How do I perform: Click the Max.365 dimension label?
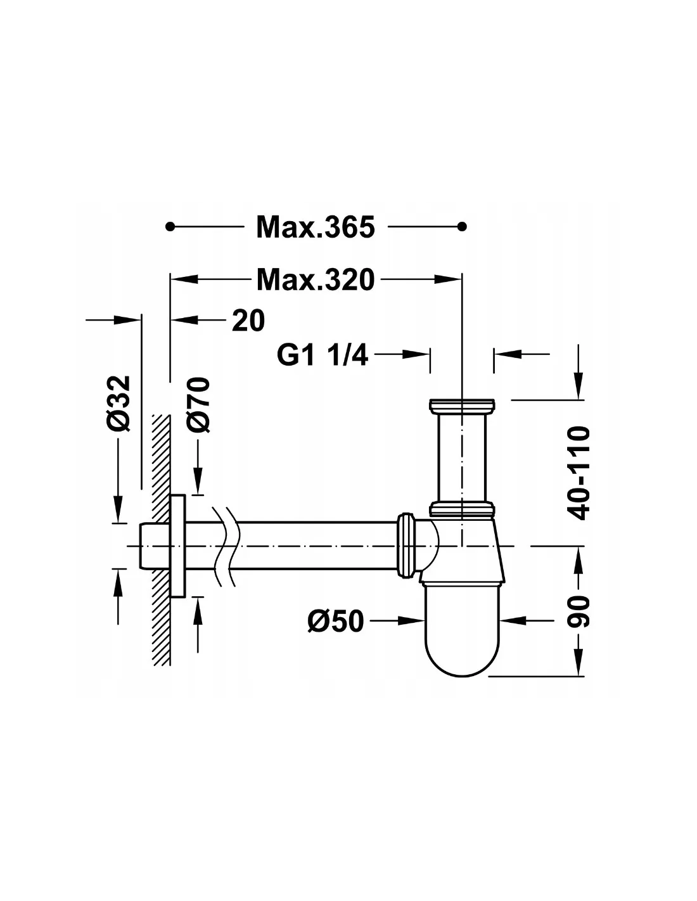[x=316, y=227]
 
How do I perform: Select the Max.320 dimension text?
[x=316, y=279]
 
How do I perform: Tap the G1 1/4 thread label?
[x=322, y=355]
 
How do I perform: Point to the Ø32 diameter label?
[x=119, y=403]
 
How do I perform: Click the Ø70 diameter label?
[x=197, y=405]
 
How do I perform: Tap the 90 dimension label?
[x=578, y=611]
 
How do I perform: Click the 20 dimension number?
[x=248, y=321]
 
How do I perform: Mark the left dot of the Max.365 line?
[x=169, y=226]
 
